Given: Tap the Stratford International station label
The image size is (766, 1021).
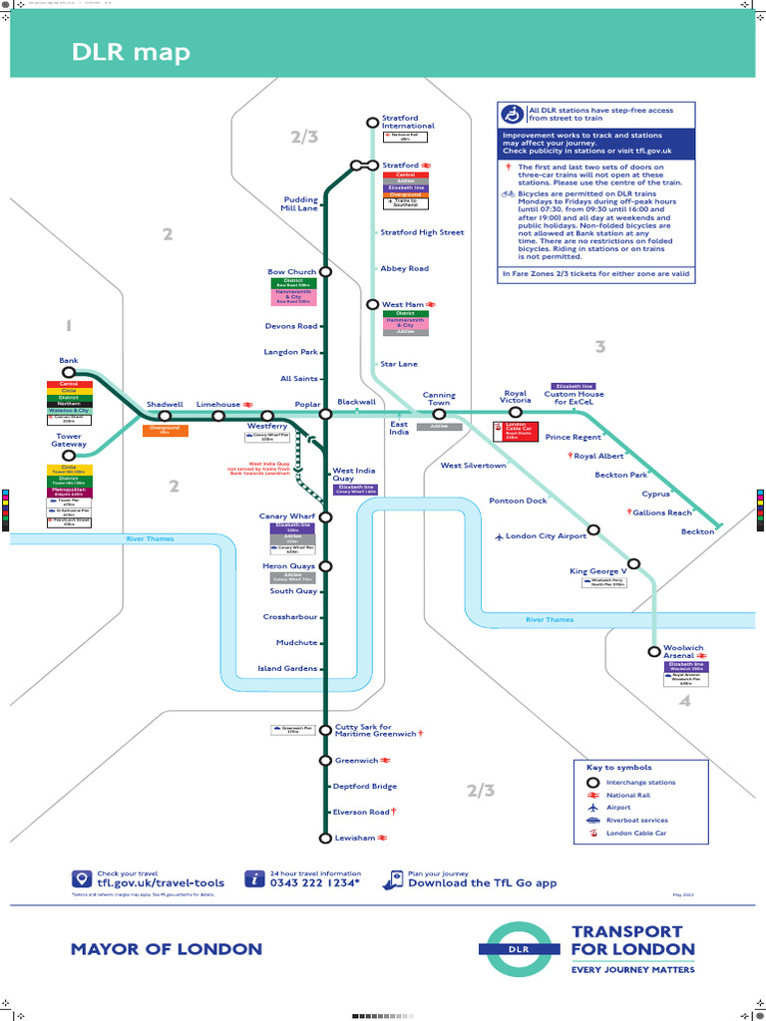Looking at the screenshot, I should coord(408,122).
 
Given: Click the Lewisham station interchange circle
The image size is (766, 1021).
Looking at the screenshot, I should coord(325,839).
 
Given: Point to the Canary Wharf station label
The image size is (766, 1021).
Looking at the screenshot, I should coord(286,515).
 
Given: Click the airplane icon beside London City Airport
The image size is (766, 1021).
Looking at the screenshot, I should coord(500,536).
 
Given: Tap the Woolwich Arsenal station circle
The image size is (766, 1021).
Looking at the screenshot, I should coord(655,651).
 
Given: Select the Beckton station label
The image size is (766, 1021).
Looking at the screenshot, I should coord(697,531).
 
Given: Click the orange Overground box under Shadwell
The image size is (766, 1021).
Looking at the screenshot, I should coord(165,431).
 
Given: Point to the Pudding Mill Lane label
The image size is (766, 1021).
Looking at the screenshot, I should coord(299,204).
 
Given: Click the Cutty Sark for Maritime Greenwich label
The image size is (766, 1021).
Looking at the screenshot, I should coord(375,731).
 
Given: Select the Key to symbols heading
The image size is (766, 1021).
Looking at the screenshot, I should coord(619,768).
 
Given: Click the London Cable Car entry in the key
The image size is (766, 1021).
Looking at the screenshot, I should coord(636,833).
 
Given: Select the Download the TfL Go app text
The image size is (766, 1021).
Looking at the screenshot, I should coord(483,882).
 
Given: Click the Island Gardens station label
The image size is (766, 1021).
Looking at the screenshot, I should coord(287,668).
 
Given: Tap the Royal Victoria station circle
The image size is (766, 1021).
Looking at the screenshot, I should coord(516,412).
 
